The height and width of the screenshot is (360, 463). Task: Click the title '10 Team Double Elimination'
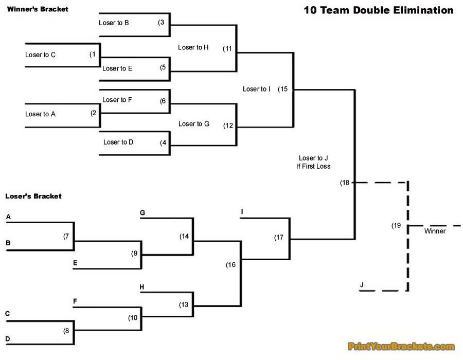coord(378,10)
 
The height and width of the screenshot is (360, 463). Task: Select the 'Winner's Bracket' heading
coord(37,9)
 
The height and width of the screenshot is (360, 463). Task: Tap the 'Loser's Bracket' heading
coord(33,196)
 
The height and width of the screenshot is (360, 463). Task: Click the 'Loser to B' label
coord(114,23)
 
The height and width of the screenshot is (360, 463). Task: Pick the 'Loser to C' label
coord(40,55)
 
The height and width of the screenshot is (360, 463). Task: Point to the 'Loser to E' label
coord(117,68)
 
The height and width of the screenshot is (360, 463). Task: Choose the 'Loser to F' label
coord(117,100)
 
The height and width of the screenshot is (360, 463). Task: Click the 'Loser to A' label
coord(40,114)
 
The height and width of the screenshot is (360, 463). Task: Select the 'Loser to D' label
coord(118,142)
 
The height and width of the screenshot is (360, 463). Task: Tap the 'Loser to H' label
coord(193,47)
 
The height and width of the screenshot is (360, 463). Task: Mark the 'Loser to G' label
coord(194,123)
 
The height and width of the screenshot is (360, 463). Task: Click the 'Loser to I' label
coord(257,89)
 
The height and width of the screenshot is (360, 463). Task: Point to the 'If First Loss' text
coord(313,166)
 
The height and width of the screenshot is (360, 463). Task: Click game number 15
coord(283,89)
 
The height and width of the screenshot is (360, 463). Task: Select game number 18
coord(345,183)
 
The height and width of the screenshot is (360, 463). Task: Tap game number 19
coord(396,225)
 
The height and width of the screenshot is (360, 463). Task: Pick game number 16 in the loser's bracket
coord(230,264)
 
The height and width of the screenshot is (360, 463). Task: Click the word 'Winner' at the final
coord(435,231)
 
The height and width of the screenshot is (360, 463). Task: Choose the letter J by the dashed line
coord(362,284)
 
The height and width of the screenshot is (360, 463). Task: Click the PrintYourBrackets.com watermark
coord(401,347)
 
